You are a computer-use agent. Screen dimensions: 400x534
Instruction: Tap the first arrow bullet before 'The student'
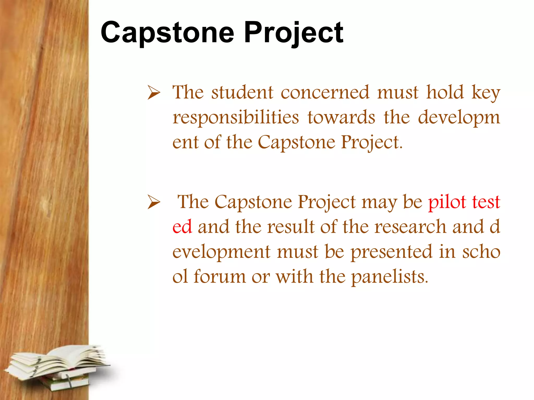point(154,93)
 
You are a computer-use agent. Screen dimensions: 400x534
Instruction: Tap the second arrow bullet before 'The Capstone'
point(154,202)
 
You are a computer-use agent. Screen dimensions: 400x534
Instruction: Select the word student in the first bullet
point(242,92)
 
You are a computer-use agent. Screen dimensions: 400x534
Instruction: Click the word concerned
point(325,92)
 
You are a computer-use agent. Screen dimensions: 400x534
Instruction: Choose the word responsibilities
point(236,118)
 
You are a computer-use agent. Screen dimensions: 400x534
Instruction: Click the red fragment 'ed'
point(182,227)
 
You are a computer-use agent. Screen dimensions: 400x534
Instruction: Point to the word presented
point(391,252)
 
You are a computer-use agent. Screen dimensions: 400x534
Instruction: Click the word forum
point(220,276)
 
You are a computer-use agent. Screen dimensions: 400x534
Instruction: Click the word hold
point(445,92)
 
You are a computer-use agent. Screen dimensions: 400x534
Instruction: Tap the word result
point(291,227)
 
